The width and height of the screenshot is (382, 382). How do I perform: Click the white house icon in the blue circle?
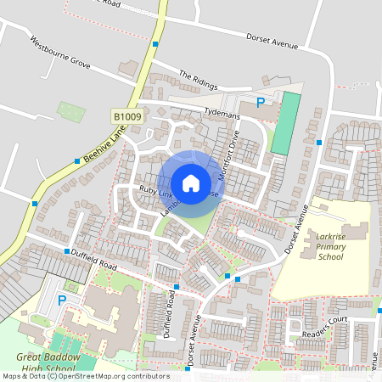[x=190, y=183]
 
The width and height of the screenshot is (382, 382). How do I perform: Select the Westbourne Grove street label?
[x=59, y=52]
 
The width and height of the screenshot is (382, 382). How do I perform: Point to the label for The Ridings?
[x=198, y=80]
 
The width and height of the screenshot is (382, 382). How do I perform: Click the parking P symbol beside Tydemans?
[x=261, y=103]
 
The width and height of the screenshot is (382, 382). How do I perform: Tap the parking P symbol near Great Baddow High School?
[x=61, y=301]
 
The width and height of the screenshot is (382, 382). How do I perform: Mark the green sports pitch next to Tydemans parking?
[x=286, y=123]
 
